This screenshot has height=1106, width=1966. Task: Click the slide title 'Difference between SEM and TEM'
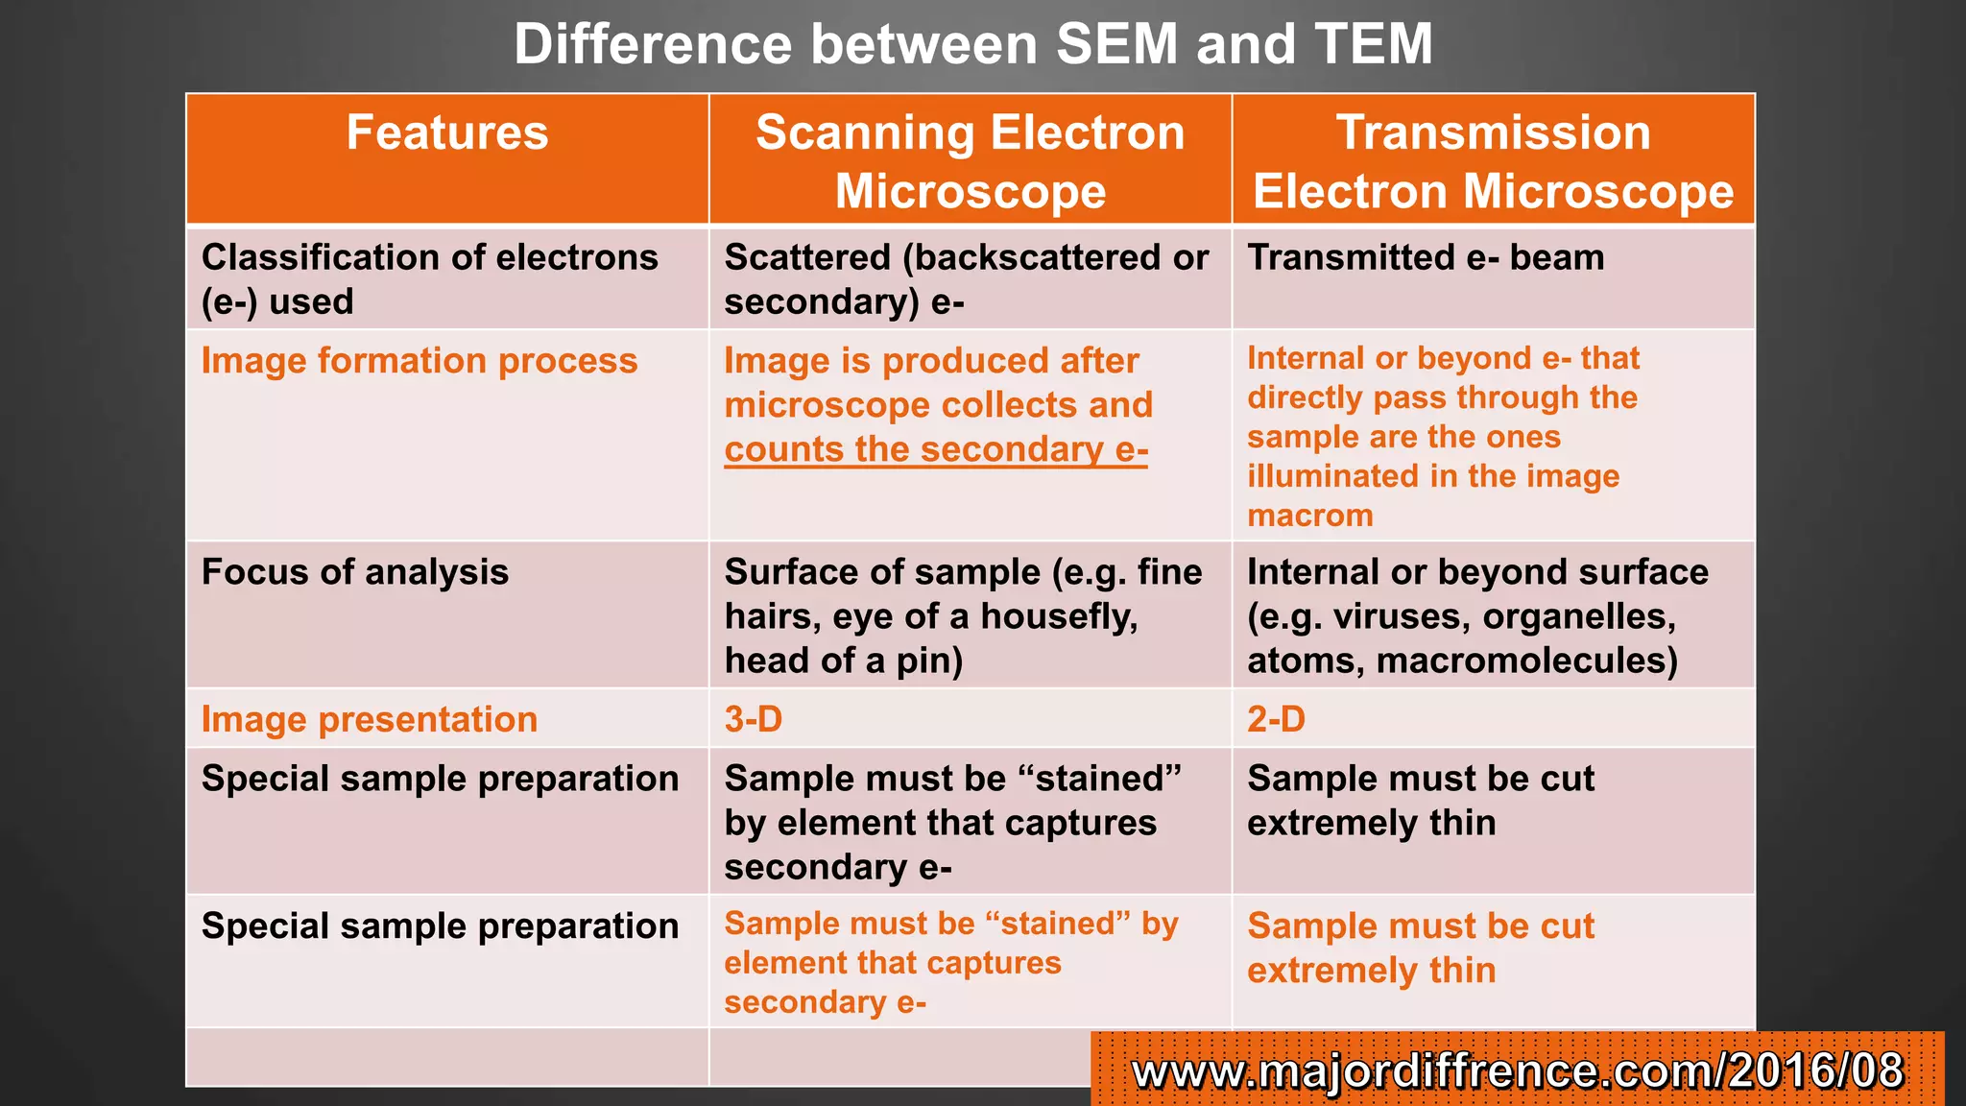coord(972,44)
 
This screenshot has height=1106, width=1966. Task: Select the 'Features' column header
coord(446,132)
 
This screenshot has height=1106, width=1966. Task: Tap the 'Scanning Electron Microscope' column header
coord(970,161)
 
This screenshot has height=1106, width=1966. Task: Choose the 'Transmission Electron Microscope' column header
coord(1493,161)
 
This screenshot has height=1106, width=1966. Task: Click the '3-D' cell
coord(754,719)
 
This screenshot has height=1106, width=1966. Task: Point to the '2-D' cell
coord(1276,719)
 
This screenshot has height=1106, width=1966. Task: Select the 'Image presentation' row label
coord(369,719)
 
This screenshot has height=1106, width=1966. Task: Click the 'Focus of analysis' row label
coord(354,572)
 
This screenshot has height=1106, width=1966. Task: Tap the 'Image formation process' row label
coord(419,361)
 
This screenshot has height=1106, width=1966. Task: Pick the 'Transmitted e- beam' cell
coord(1426,257)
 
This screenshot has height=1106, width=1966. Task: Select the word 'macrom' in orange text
coord(1309,516)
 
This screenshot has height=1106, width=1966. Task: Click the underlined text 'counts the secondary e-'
coord(936,449)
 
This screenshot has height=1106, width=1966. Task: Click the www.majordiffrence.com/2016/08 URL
coord(1517,1070)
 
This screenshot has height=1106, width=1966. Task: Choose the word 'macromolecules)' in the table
coord(1526,661)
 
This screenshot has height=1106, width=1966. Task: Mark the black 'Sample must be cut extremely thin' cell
coord(1420,801)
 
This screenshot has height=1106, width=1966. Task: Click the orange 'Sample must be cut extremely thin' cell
coord(1420,948)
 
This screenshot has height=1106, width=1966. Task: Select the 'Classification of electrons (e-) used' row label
coord(429,279)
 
